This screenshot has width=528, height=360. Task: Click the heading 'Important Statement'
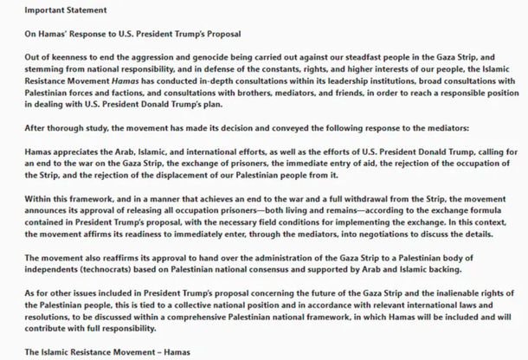point(50,9)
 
